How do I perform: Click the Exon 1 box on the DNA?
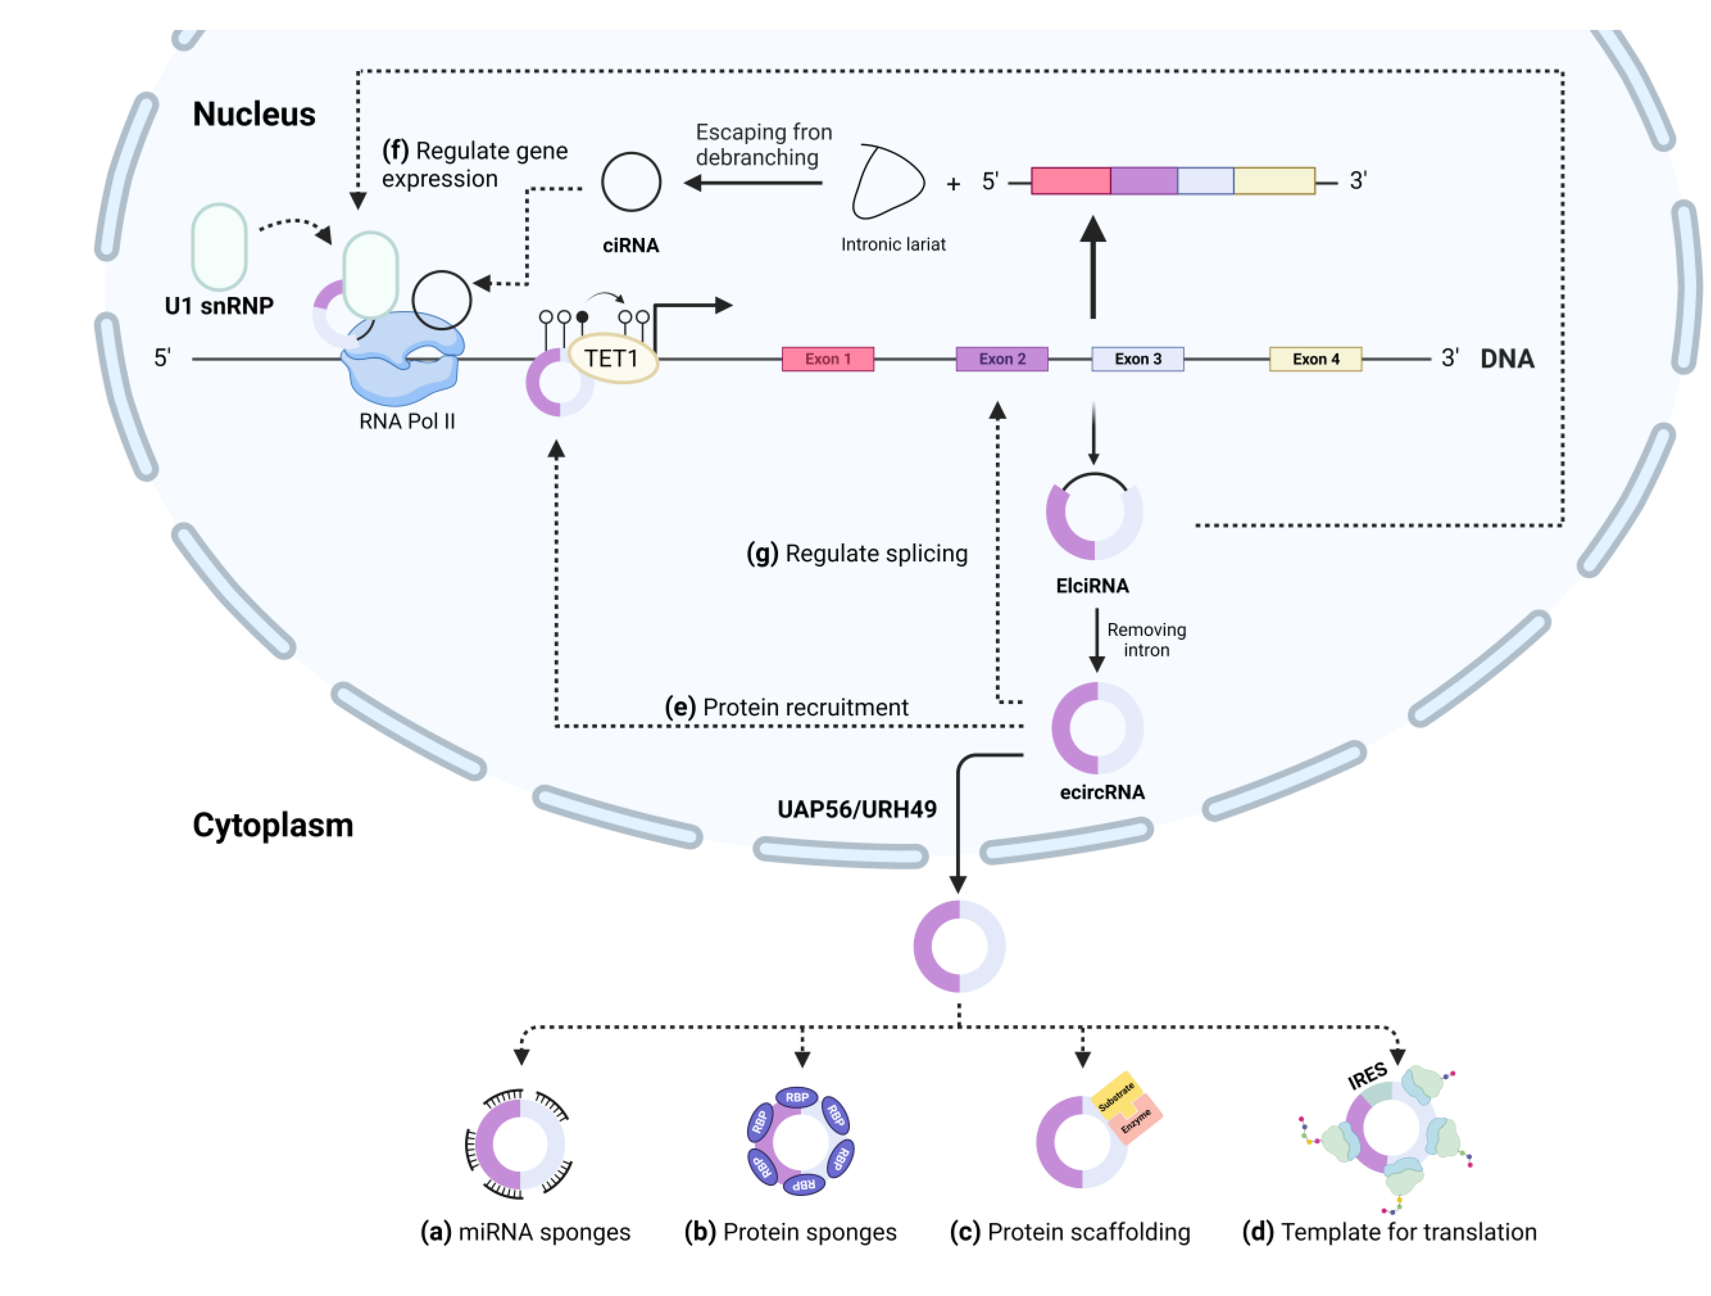(828, 359)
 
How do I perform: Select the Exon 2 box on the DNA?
(1002, 359)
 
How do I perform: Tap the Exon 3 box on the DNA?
(1137, 359)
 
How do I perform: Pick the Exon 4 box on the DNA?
(1315, 359)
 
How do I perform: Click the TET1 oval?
(613, 358)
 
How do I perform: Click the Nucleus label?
(254, 115)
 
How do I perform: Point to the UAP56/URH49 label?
(856, 809)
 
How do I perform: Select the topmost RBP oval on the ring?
(797, 1097)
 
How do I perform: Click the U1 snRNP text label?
(219, 307)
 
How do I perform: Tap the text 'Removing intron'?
(1146, 640)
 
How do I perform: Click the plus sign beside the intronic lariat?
(954, 184)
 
